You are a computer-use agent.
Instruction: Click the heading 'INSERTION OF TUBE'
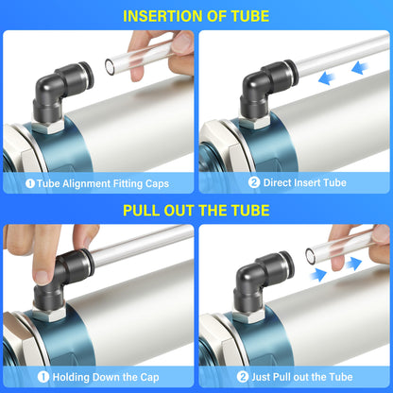coord(196,15)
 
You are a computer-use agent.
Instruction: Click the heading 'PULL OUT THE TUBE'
coord(196,211)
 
